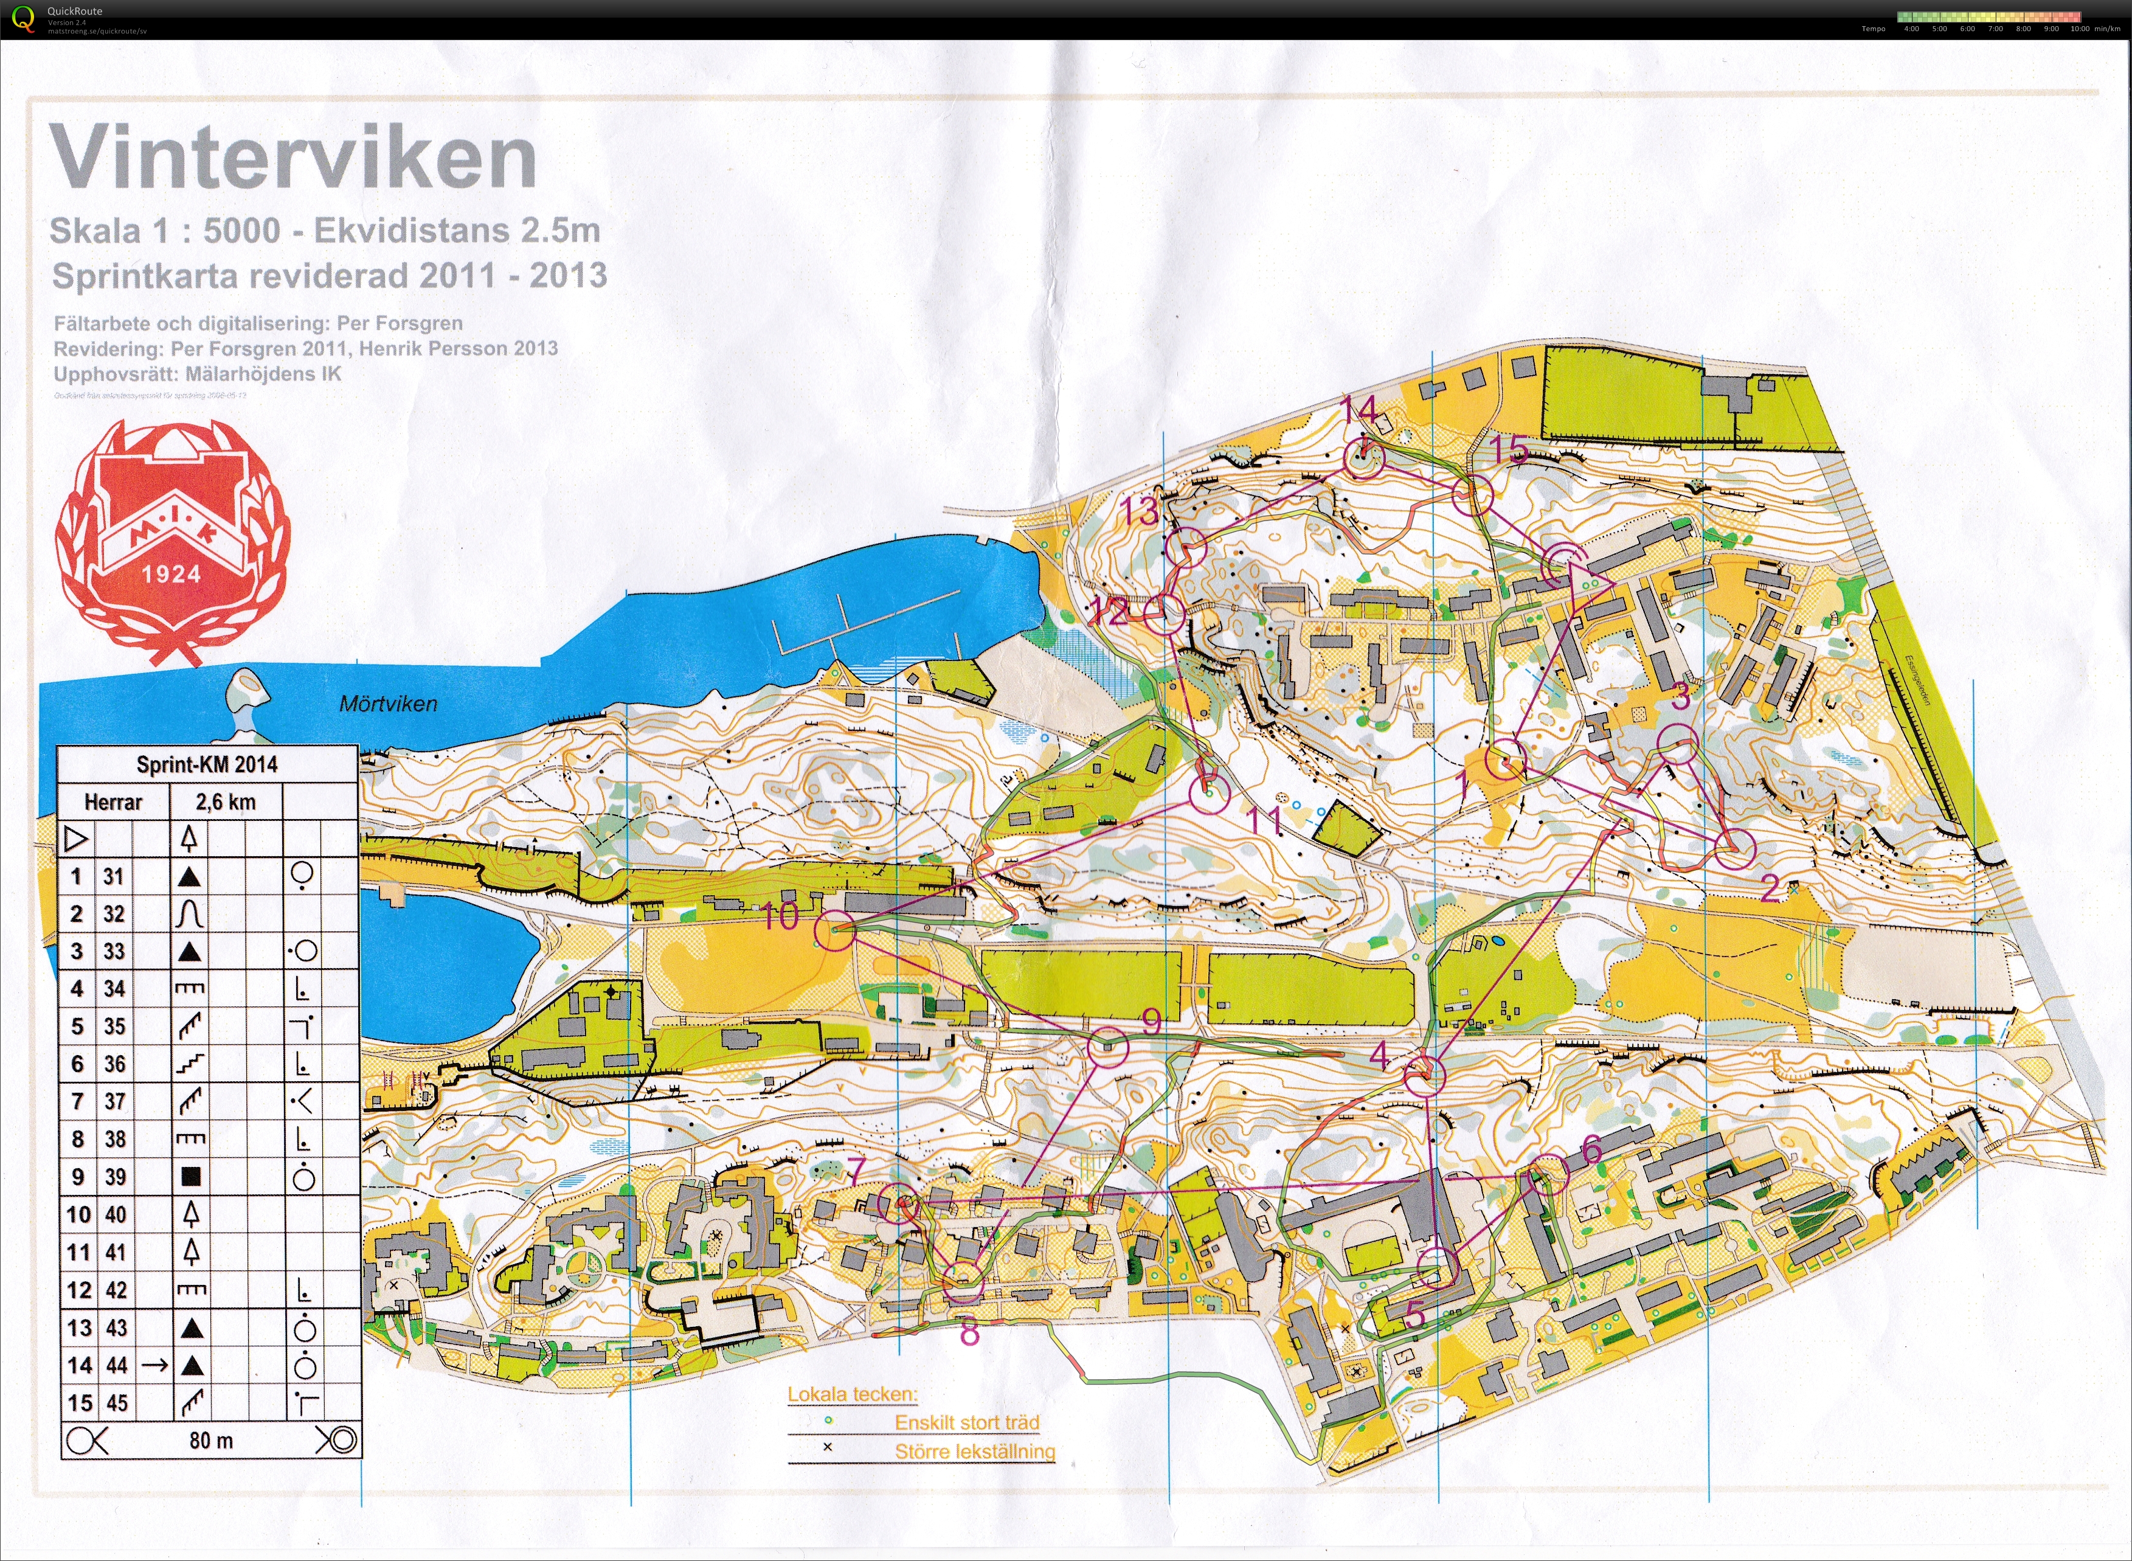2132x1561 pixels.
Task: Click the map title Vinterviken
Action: [293, 157]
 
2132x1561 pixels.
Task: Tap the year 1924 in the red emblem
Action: [171, 573]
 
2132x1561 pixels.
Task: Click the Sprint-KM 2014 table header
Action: [207, 764]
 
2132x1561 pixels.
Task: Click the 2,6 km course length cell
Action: [225, 802]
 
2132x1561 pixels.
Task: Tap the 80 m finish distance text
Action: [211, 1440]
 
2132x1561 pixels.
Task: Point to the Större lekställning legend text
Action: [974, 1452]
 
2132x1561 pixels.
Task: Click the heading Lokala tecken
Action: [851, 1394]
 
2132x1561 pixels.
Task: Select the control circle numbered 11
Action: [1209, 794]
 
